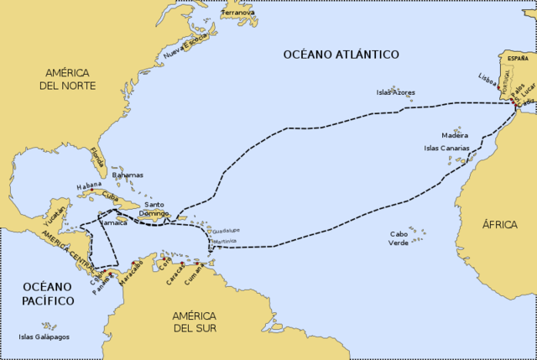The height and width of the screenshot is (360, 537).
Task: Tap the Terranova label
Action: [x=237, y=13]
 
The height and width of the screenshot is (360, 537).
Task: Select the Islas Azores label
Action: [x=395, y=92]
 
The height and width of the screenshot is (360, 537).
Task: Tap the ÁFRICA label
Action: [x=499, y=225]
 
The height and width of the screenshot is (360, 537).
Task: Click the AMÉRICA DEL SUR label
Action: [x=194, y=321]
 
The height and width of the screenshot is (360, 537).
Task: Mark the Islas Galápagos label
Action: [x=44, y=337]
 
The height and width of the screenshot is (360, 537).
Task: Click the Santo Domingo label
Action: [x=158, y=209]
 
